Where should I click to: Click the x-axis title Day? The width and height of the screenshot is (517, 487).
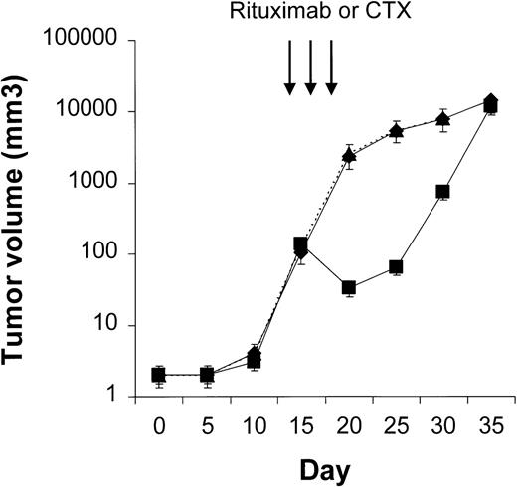coord(324,467)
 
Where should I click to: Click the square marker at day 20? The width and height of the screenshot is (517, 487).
coord(349,288)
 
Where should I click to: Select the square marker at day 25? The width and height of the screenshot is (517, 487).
coord(396,267)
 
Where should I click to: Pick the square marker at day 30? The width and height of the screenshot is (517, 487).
coord(443,191)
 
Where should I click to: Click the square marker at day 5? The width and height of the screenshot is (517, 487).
coord(206,375)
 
